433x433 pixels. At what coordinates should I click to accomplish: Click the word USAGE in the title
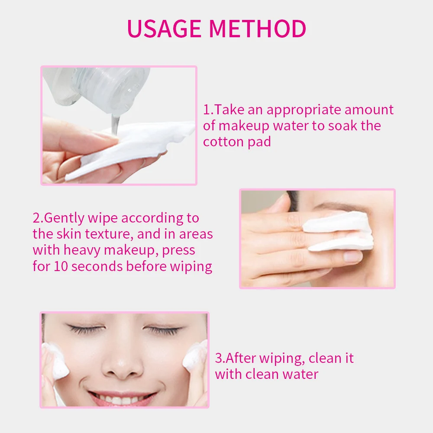point(164,29)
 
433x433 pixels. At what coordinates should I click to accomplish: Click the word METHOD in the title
point(257,29)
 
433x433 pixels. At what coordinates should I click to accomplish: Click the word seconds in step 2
point(97,266)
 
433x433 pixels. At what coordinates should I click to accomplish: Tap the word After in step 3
point(240,358)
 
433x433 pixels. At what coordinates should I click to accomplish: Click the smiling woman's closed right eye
point(86,329)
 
